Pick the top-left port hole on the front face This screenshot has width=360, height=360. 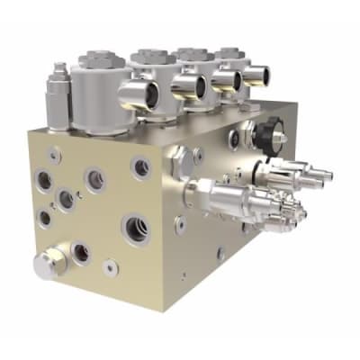[43, 180]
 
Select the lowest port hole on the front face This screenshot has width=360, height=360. [109, 266]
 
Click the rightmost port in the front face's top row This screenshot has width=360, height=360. [140, 166]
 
